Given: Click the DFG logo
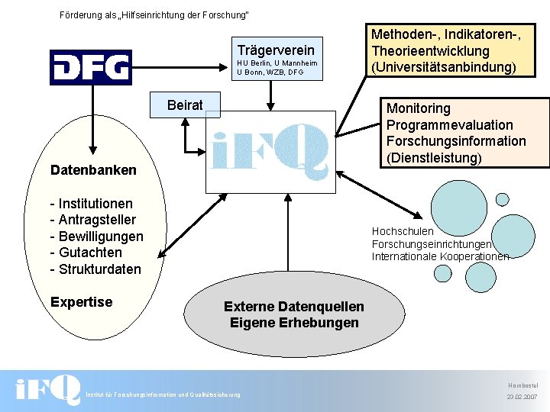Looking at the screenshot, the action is (91, 67).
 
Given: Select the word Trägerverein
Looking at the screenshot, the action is (276, 50).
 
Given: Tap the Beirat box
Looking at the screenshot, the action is (185, 105).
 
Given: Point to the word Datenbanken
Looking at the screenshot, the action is (93, 170).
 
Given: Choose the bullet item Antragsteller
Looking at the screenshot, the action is (91, 220).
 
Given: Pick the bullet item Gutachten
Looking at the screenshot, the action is (86, 253).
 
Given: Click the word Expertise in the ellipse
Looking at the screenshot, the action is (81, 302).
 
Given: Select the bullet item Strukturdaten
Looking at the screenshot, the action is (95, 269).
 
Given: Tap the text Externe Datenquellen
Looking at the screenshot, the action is (294, 306).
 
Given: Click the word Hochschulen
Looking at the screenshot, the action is (403, 231).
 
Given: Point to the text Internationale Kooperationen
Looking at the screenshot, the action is (440, 256).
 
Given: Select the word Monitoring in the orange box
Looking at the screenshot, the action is (419, 108).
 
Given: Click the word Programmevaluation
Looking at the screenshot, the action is (450, 125).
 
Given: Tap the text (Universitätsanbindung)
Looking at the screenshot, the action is (444, 67).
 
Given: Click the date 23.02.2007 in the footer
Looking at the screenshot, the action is (522, 398).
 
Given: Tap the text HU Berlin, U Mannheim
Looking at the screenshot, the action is (277, 63).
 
